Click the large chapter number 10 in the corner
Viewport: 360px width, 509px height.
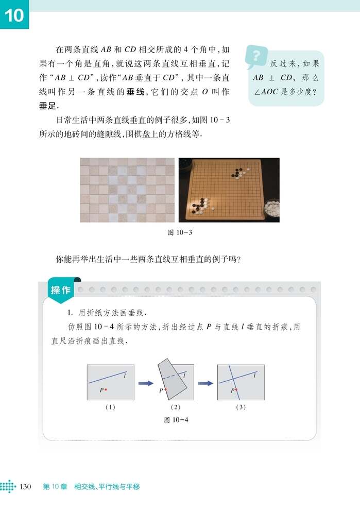[x=15, y=15]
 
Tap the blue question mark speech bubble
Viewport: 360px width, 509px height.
[x=256, y=57]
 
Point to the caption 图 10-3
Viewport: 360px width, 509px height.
[x=180, y=232]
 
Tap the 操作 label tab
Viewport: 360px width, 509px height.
[x=60, y=290]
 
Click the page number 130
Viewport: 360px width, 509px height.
[x=26, y=486]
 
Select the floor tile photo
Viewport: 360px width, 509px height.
[x=128, y=190]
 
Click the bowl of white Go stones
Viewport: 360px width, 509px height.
[x=271, y=209]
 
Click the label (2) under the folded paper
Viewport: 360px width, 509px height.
[x=174, y=407]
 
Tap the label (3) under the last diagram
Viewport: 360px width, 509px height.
[x=240, y=407]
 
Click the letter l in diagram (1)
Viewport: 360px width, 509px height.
[x=125, y=377]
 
